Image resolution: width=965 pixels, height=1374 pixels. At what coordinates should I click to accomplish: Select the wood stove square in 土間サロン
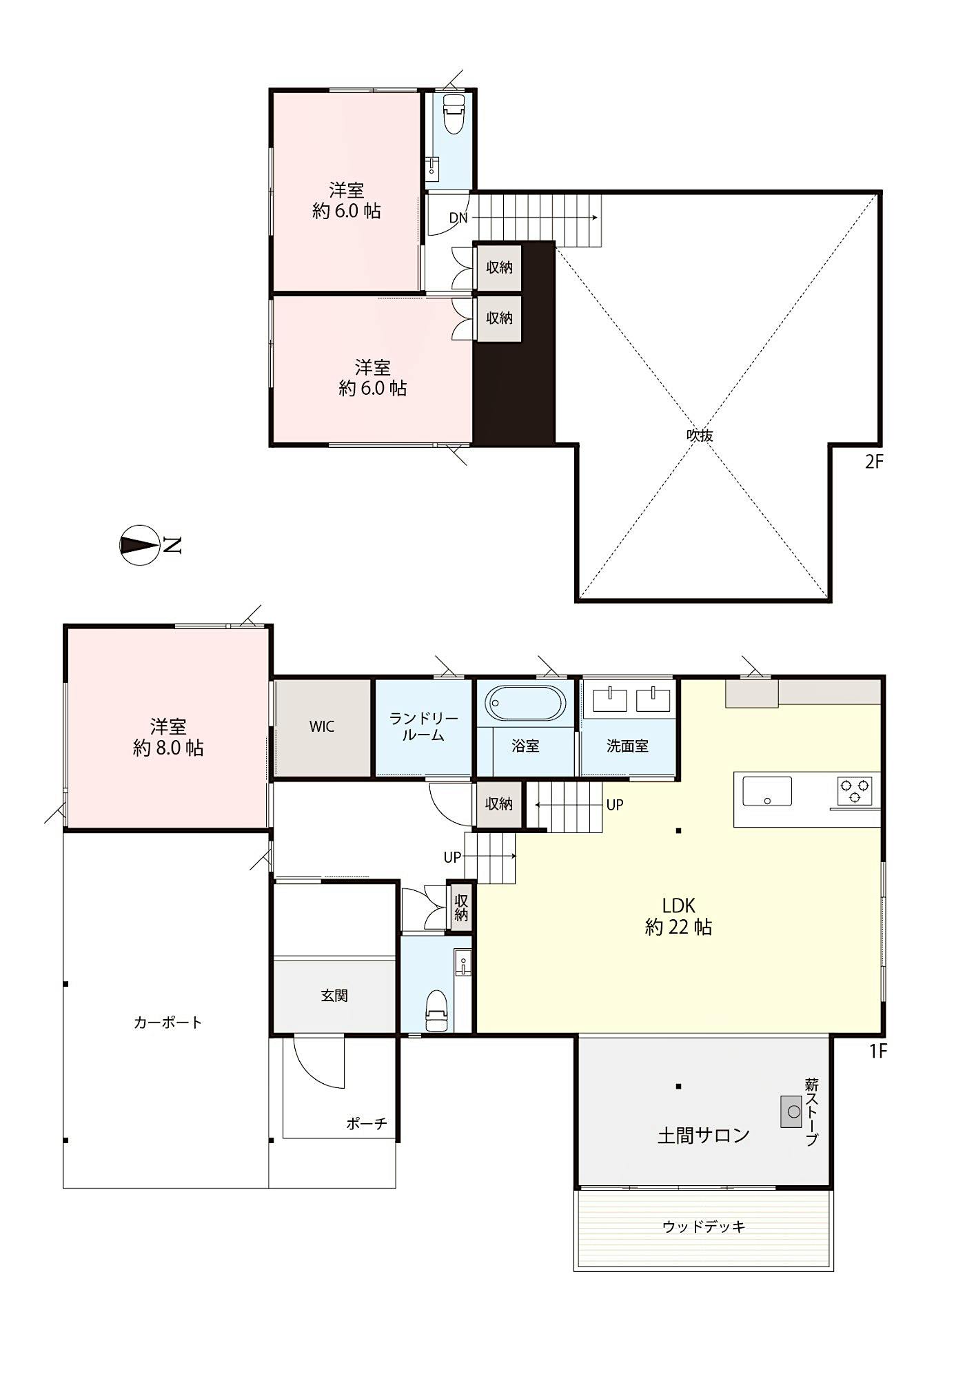coord(791,1111)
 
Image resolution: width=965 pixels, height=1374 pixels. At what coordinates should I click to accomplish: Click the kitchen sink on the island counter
coord(766,791)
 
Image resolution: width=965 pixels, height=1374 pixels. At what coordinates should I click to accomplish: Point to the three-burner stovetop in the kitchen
coord(855,790)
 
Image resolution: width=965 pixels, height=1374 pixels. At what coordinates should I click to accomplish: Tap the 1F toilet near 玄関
coord(437,1012)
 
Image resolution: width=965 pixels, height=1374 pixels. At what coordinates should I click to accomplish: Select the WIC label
coord(322,726)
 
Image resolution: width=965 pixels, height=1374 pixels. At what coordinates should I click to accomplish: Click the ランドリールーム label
coord(423,727)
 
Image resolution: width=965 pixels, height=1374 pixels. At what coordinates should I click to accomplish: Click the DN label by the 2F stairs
coord(458,218)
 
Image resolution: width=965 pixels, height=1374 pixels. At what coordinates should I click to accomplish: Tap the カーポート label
coord(167,1022)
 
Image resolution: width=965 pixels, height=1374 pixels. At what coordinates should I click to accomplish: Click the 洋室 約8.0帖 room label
coord(168,737)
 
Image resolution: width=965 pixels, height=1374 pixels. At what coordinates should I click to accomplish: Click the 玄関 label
coord(334,995)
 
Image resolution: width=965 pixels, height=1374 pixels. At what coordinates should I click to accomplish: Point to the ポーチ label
coord(367,1123)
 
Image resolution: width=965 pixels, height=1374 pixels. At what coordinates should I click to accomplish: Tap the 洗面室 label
coord(627,746)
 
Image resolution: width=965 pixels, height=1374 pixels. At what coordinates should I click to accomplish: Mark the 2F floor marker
coord(874,462)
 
